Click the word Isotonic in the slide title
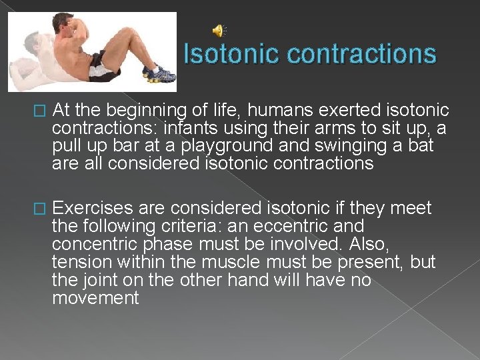pyautogui.click(x=224, y=54)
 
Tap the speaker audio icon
pyautogui.click(x=219, y=30)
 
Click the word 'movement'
pyautogui.click(x=95, y=298)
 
